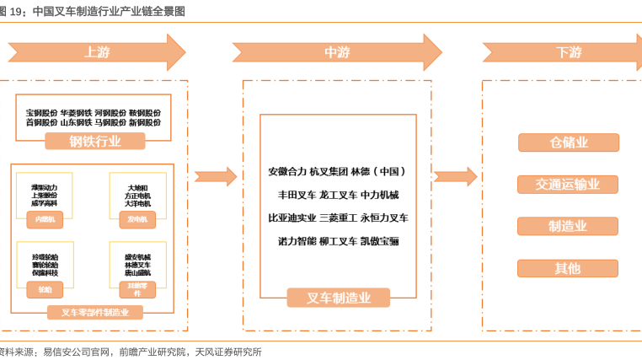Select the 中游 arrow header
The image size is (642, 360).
337,52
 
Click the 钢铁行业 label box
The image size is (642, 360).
94,141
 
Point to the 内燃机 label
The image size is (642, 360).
45,219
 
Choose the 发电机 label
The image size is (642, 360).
136,219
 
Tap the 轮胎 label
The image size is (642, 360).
45,289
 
